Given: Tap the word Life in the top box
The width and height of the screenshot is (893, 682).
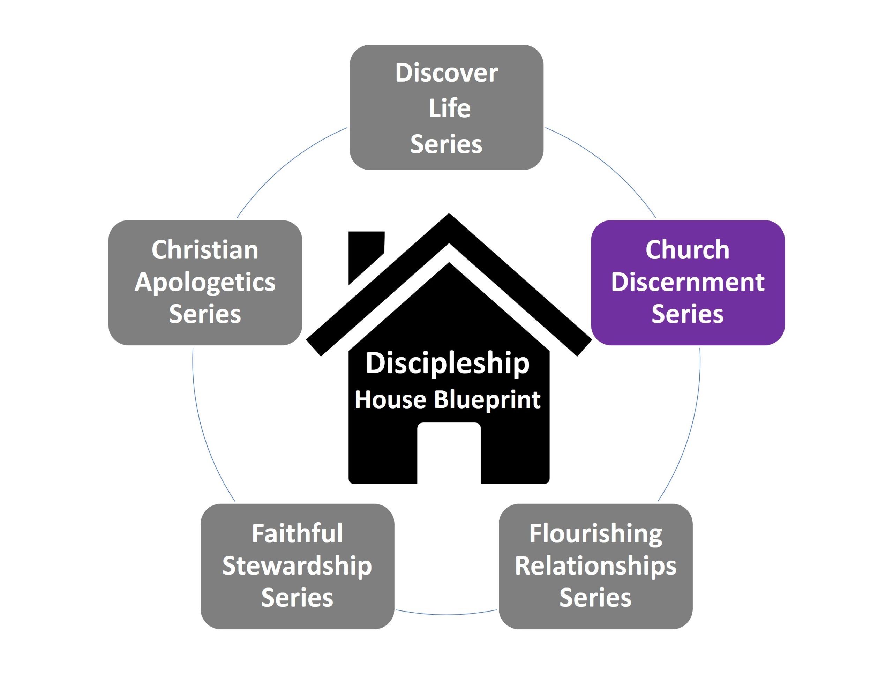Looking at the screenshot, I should coord(449,108).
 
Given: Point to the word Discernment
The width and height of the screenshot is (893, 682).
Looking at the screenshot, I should coord(688,282).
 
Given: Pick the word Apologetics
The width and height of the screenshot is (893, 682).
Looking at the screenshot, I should coord(205,283).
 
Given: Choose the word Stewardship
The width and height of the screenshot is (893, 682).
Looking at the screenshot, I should coord(297,566).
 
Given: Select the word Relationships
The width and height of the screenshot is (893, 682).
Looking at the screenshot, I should coord(595,566).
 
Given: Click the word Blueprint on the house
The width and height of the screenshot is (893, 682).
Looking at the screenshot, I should coord(487,399).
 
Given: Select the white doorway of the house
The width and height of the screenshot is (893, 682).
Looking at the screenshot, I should coord(449,455).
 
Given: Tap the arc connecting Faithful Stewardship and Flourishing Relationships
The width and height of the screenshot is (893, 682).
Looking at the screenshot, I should coord(446,615).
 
